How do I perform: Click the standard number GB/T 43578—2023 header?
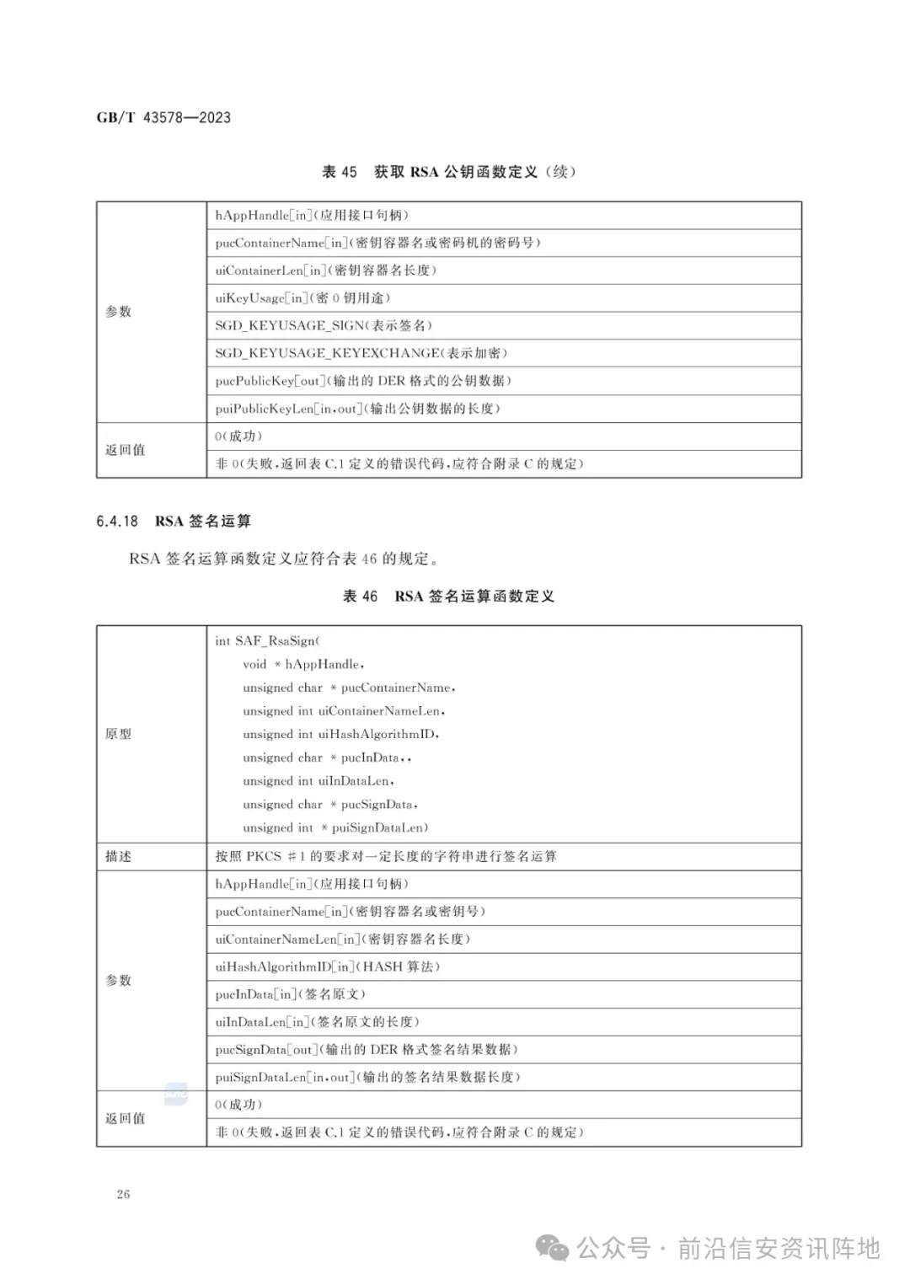pos(163,118)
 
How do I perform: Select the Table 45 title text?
pos(449,172)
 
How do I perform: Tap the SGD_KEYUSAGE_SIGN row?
pos(324,325)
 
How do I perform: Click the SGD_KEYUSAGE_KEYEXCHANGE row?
pos(361,353)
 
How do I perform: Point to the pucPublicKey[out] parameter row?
pos(363,381)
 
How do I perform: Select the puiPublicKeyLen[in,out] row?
pos(357,409)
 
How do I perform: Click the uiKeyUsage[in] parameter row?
pos(302,297)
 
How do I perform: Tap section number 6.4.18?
pos(117,522)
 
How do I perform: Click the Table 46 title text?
pos(449,597)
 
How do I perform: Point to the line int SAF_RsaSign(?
pos(268,641)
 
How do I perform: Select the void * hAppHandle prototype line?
pos(303,665)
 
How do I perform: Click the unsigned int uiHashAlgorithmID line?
pos(341,735)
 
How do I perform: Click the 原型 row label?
pos(118,735)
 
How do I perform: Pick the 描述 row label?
pos(118,857)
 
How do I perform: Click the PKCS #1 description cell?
pos(386,857)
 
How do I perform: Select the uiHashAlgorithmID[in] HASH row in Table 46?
pos(328,967)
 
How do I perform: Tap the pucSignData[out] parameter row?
pos(367,1050)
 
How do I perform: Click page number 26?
pos(123,1194)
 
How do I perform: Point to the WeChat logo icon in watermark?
pos(554,1249)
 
